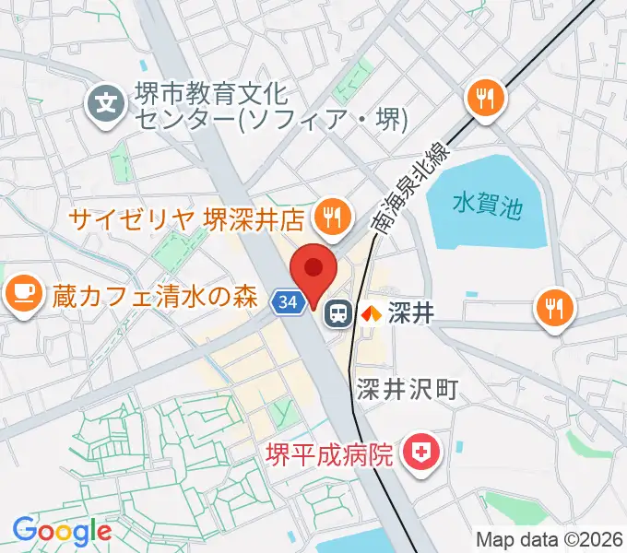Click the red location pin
(x=313, y=269)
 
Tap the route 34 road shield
(x=287, y=301)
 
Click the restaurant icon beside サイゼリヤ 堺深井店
(x=329, y=217)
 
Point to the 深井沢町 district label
(x=407, y=388)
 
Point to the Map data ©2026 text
(x=549, y=539)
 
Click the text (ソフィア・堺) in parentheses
(x=328, y=119)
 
